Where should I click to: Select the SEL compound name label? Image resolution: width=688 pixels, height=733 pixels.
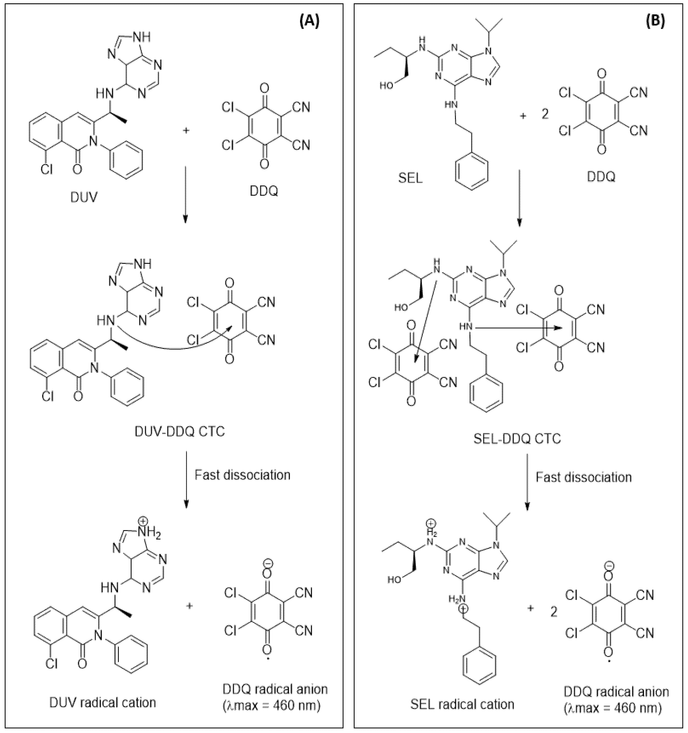pyautogui.click(x=410, y=178)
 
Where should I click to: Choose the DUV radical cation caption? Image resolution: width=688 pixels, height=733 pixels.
pyautogui.click(x=102, y=702)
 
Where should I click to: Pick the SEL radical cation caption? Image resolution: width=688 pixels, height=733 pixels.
pyautogui.click(x=462, y=704)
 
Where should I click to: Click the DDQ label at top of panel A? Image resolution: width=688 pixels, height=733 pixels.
pyautogui.click(x=264, y=191)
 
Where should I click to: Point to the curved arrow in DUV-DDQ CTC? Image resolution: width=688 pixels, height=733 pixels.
pyautogui.click(x=170, y=345)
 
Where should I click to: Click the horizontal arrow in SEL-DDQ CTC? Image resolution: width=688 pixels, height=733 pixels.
pyautogui.click(x=517, y=327)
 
